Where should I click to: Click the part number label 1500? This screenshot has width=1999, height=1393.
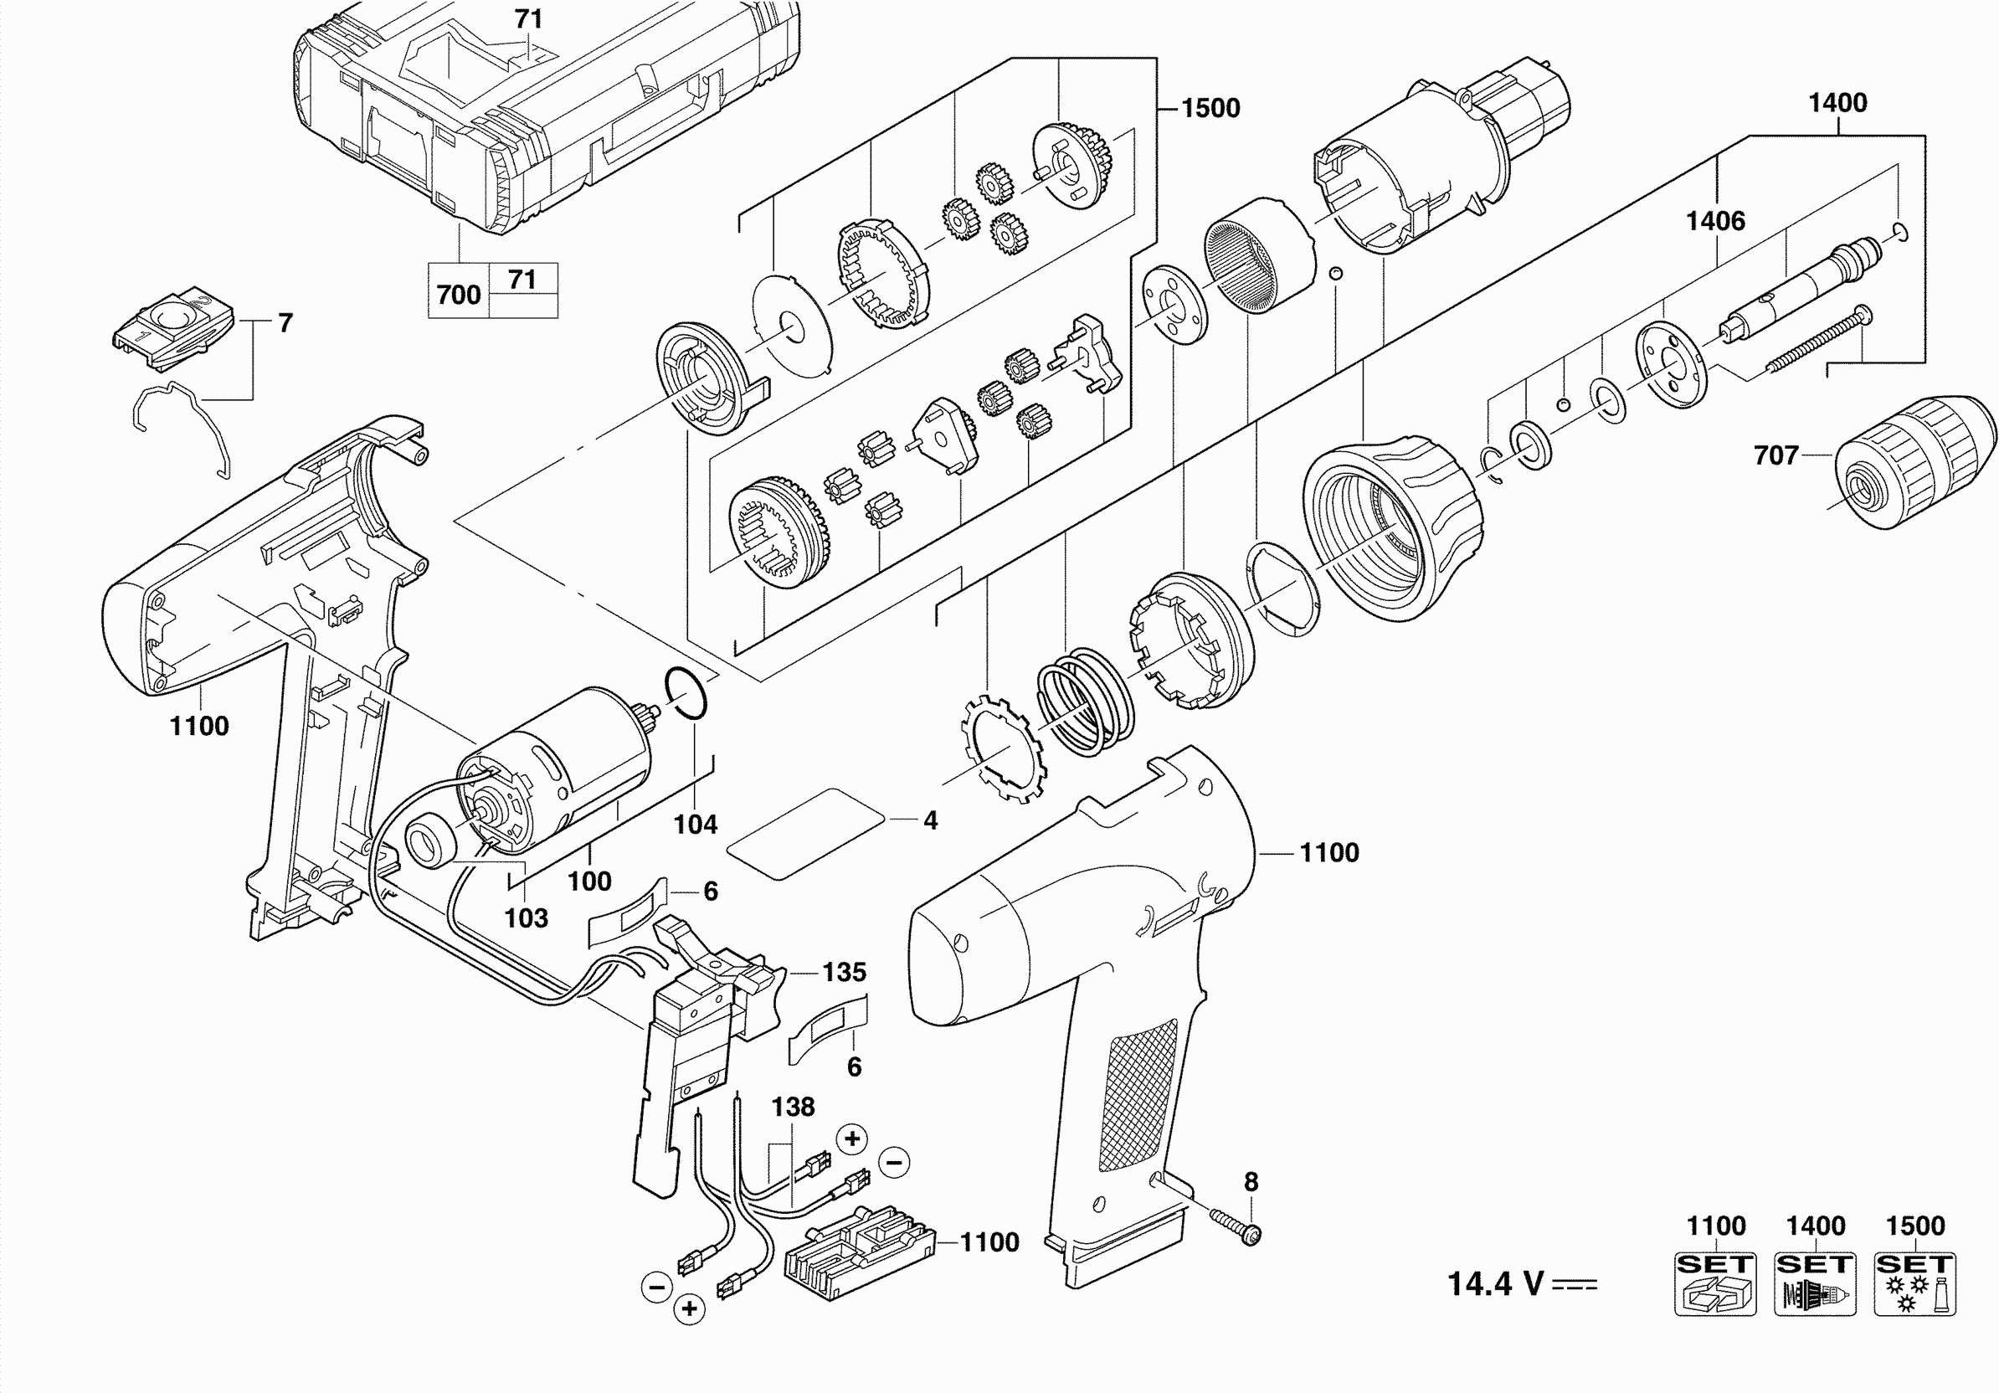click(x=1210, y=108)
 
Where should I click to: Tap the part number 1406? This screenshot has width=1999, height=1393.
click(x=1715, y=221)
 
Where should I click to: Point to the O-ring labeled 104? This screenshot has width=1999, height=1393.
click(x=686, y=692)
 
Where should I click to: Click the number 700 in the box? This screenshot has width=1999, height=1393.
click(x=459, y=295)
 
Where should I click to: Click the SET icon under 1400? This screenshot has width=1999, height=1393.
click(x=1815, y=1283)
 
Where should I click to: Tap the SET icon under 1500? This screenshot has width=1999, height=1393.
click(x=1914, y=1283)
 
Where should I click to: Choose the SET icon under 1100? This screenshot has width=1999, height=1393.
click(x=1715, y=1283)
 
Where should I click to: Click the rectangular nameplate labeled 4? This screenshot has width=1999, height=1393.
click(x=805, y=834)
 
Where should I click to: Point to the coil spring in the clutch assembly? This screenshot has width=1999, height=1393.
click(x=1085, y=701)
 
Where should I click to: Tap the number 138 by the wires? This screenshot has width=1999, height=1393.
click(x=792, y=1107)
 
